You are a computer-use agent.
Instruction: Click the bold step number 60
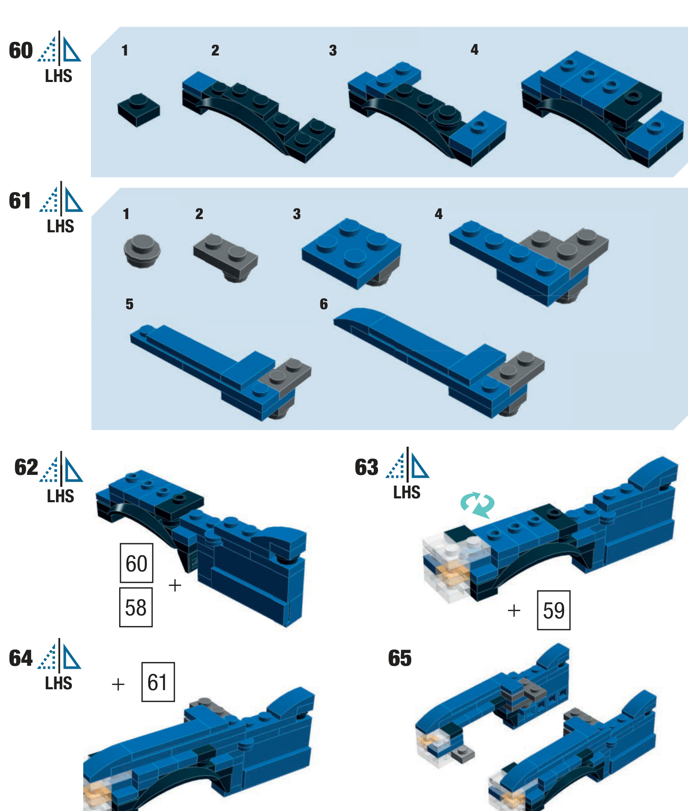20,51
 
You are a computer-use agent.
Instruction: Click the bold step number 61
20,201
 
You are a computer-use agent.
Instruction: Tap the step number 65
399,658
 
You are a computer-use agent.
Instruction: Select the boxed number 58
136,607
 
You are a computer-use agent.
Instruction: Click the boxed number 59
553,610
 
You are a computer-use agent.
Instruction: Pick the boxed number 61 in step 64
158,682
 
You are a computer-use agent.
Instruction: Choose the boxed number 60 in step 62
136,563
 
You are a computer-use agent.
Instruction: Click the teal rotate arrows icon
477,505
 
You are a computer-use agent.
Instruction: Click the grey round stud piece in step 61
142,250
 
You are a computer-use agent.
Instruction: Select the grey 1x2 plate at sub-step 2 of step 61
225,256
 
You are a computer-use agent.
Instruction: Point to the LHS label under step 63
407,492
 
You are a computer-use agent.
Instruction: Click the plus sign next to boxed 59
514,611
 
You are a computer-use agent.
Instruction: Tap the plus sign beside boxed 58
175,585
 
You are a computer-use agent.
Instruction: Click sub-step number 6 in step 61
324,304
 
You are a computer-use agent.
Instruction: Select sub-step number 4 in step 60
474,50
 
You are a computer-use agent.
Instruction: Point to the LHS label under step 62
60,496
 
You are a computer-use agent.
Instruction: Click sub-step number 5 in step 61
129,304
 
